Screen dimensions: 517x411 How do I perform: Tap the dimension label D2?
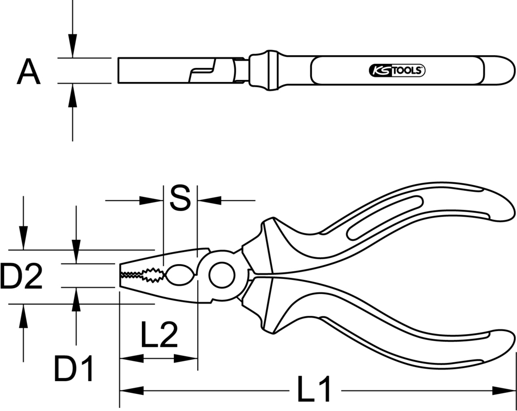point(21,276)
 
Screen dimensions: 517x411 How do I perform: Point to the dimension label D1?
point(73,368)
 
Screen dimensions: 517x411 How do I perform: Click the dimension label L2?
point(159,335)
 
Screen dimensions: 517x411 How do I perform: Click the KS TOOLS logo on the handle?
point(397,70)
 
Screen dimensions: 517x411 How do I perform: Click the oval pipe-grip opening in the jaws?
point(180,275)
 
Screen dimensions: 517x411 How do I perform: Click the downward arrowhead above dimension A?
point(72,46)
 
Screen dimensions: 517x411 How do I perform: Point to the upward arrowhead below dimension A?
point(72,95)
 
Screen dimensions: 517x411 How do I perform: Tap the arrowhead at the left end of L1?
point(132,391)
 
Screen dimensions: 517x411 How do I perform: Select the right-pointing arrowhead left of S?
point(152,200)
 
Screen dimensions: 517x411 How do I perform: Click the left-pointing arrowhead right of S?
point(209,200)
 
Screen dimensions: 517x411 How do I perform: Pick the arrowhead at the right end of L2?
point(186,358)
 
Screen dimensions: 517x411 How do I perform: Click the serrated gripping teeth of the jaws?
point(142,275)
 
